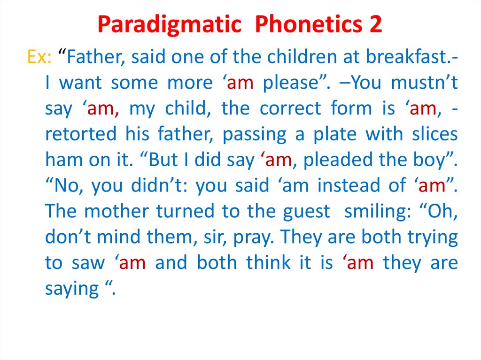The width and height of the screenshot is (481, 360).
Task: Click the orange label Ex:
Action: coord(39,58)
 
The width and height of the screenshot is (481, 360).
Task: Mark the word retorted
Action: coord(81,134)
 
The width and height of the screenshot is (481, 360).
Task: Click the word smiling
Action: coord(377,212)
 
